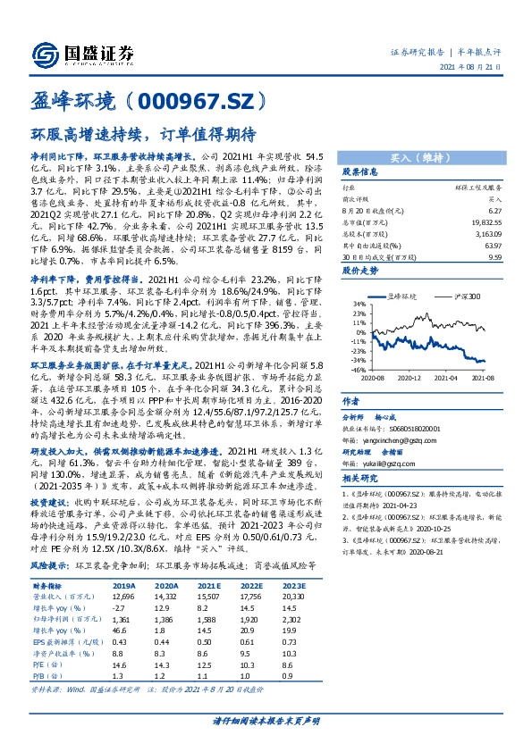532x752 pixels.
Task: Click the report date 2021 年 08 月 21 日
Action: (483, 67)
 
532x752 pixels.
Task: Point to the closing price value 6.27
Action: (493, 211)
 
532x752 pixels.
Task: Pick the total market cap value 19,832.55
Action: (484, 223)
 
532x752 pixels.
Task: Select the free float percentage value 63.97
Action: (492, 246)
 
